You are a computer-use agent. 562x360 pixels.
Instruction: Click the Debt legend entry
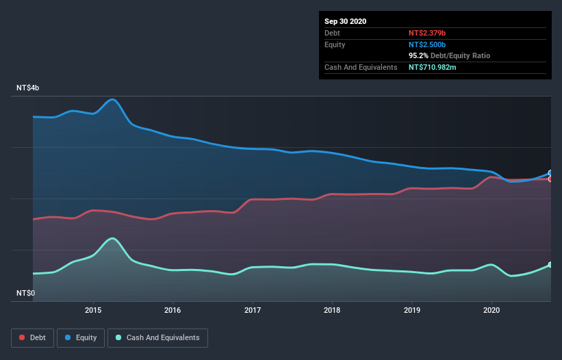point(32,337)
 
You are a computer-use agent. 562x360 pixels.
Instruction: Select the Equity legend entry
point(81,337)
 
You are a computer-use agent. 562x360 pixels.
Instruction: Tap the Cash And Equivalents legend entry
point(157,337)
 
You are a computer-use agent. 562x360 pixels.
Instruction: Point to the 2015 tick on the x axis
point(93,310)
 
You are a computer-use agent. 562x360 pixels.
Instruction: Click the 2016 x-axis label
point(173,310)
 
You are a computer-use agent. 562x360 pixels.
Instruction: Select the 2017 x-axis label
point(253,310)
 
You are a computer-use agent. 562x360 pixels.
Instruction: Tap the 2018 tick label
point(332,310)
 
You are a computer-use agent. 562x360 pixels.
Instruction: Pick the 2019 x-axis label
point(412,310)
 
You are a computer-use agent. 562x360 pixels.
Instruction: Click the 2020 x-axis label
point(491,310)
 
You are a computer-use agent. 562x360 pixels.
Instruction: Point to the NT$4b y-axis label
point(28,88)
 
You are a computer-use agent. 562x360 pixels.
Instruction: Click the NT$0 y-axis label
point(26,293)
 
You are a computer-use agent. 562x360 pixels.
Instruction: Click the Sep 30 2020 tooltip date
point(345,21)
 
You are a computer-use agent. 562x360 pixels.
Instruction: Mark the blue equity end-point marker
point(550,173)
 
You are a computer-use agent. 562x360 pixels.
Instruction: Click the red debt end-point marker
point(550,179)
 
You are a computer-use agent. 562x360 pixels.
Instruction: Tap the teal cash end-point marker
point(550,265)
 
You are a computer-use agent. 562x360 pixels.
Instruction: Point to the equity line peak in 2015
point(113,99)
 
